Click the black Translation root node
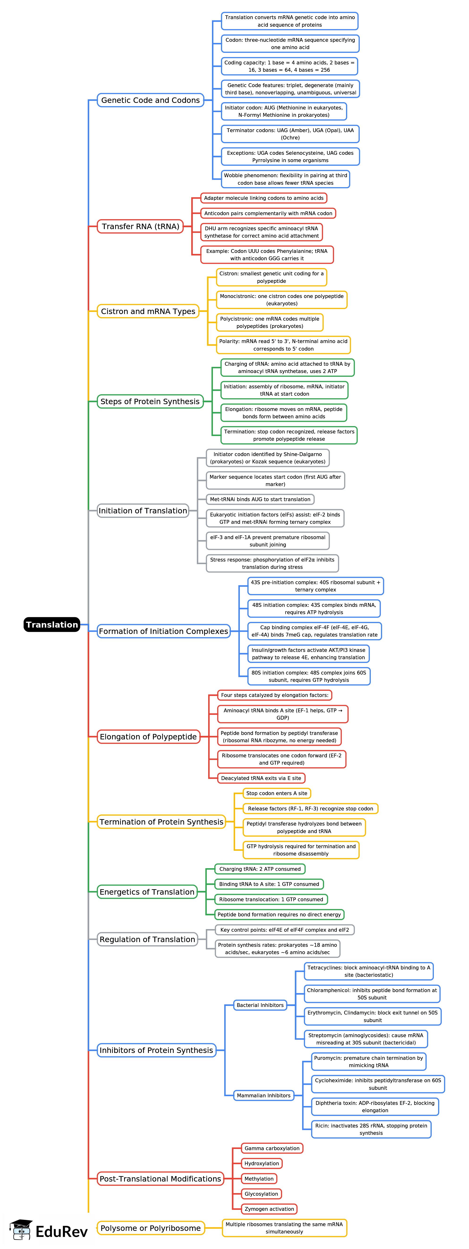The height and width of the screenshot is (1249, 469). (x=52, y=624)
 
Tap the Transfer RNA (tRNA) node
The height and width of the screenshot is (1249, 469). (x=140, y=226)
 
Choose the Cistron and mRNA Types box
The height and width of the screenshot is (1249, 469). (x=148, y=311)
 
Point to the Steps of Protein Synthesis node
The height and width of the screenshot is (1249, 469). (x=150, y=402)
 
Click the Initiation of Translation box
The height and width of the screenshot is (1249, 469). (x=143, y=511)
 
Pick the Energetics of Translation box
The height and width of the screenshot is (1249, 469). (x=147, y=892)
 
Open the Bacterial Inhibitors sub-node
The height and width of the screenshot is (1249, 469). (x=260, y=1005)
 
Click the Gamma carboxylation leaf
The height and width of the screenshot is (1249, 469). (x=272, y=1148)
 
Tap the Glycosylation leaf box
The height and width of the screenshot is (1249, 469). (x=262, y=1194)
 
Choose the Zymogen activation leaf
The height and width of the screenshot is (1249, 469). (x=269, y=1209)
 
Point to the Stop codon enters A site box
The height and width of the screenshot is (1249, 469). (x=276, y=793)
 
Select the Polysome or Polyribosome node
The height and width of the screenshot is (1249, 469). (x=150, y=1228)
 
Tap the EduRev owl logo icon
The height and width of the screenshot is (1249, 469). (x=21, y=1230)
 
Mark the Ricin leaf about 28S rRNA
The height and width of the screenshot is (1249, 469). (x=371, y=1129)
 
